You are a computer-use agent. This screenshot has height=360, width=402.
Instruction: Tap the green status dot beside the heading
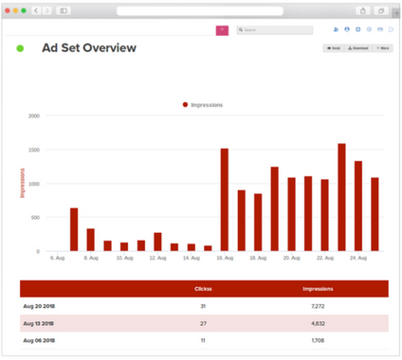[21, 48]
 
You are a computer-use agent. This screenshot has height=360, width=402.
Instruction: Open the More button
[383, 47]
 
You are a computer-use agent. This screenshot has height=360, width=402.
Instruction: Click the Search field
[275, 30]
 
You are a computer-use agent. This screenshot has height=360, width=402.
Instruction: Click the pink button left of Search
[222, 30]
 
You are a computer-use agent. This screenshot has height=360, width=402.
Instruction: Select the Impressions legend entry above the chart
[203, 105]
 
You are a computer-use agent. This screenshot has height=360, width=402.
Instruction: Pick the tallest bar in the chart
[341, 197]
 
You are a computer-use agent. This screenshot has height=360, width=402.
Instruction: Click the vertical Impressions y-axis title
[22, 183]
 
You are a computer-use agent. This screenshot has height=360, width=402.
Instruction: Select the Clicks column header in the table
[202, 288]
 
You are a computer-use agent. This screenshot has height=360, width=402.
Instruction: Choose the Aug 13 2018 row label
[40, 322]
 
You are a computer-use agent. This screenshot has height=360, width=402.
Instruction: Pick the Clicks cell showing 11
[202, 338]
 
